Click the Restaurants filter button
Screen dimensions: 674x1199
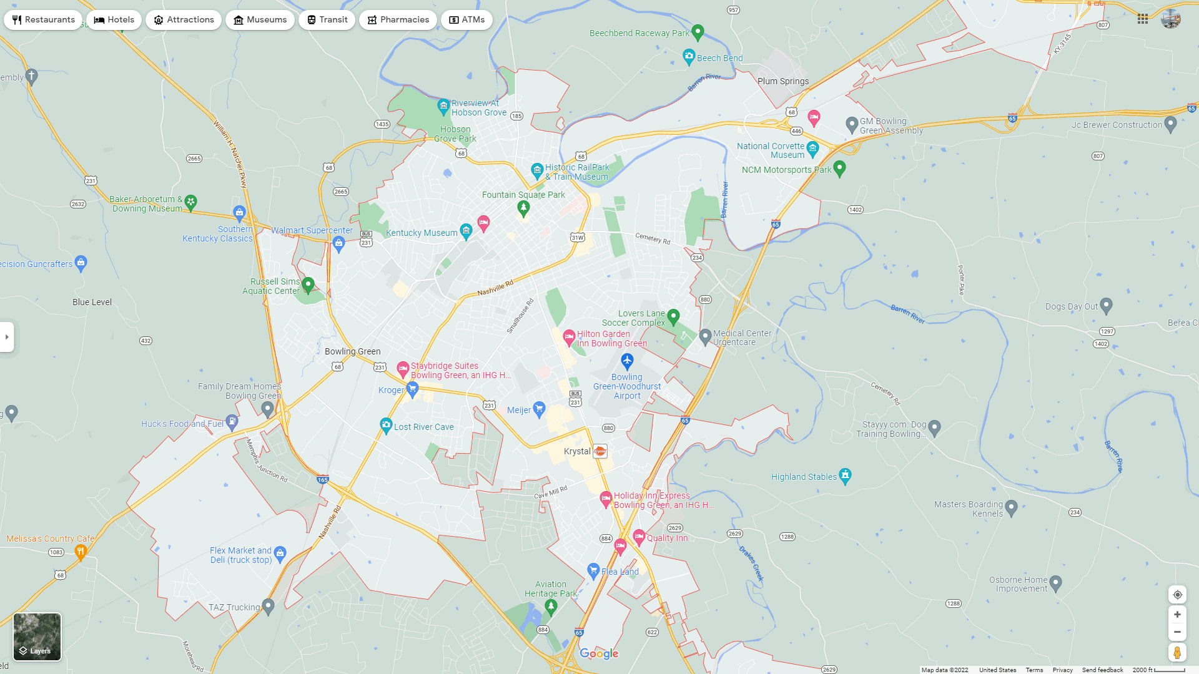pos(43,20)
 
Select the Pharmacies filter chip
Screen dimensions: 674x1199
pos(398,20)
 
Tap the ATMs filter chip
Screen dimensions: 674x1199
pos(466,20)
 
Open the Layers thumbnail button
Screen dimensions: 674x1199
pos(37,637)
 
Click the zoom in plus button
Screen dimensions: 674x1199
pos(1177,615)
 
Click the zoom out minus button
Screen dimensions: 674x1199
pos(1177,632)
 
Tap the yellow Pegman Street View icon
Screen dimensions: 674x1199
pos(1177,653)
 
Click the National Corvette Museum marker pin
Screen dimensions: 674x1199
pos(812,149)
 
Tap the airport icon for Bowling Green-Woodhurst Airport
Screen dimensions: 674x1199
pos(627,361)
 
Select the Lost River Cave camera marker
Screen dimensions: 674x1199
pos(386,425)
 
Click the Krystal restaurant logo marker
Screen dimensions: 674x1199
pos(599,451)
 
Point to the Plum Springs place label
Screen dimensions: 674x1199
pos(782,81)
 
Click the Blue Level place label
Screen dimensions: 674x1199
pos(92,302)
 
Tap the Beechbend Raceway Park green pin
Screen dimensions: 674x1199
pos(698,31)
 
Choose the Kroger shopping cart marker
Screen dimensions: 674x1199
pos(412,389)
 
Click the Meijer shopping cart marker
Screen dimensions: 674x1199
pos(539,409)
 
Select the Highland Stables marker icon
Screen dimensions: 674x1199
pos(845,476)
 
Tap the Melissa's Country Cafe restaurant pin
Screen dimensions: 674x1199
pos(80,551)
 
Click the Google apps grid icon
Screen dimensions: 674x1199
pos(1143,19)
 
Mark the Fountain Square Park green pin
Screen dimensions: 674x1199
pos(523,208)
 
